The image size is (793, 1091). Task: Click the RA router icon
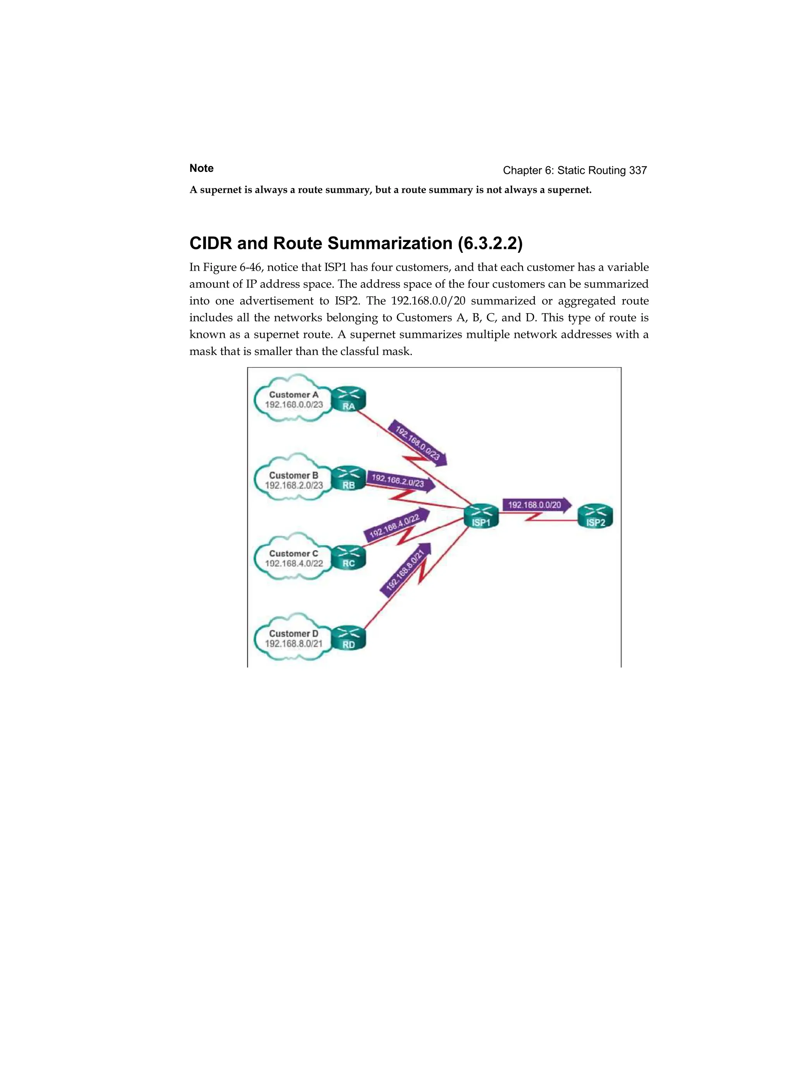click(x=349, y=400)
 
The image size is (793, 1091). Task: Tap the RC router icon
click(x=349, y=558)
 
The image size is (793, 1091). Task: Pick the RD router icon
click(x=349, y=638)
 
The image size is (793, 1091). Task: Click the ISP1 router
click(x=481, y=516)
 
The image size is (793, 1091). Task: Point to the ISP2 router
click(x=595, y=516)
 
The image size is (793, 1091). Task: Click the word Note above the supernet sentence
click(x=201, y=168)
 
